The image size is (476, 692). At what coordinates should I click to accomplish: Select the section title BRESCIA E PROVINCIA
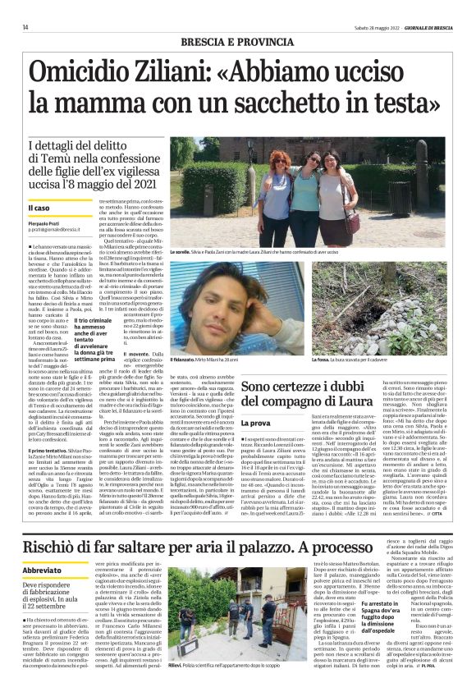pos(237,40)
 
